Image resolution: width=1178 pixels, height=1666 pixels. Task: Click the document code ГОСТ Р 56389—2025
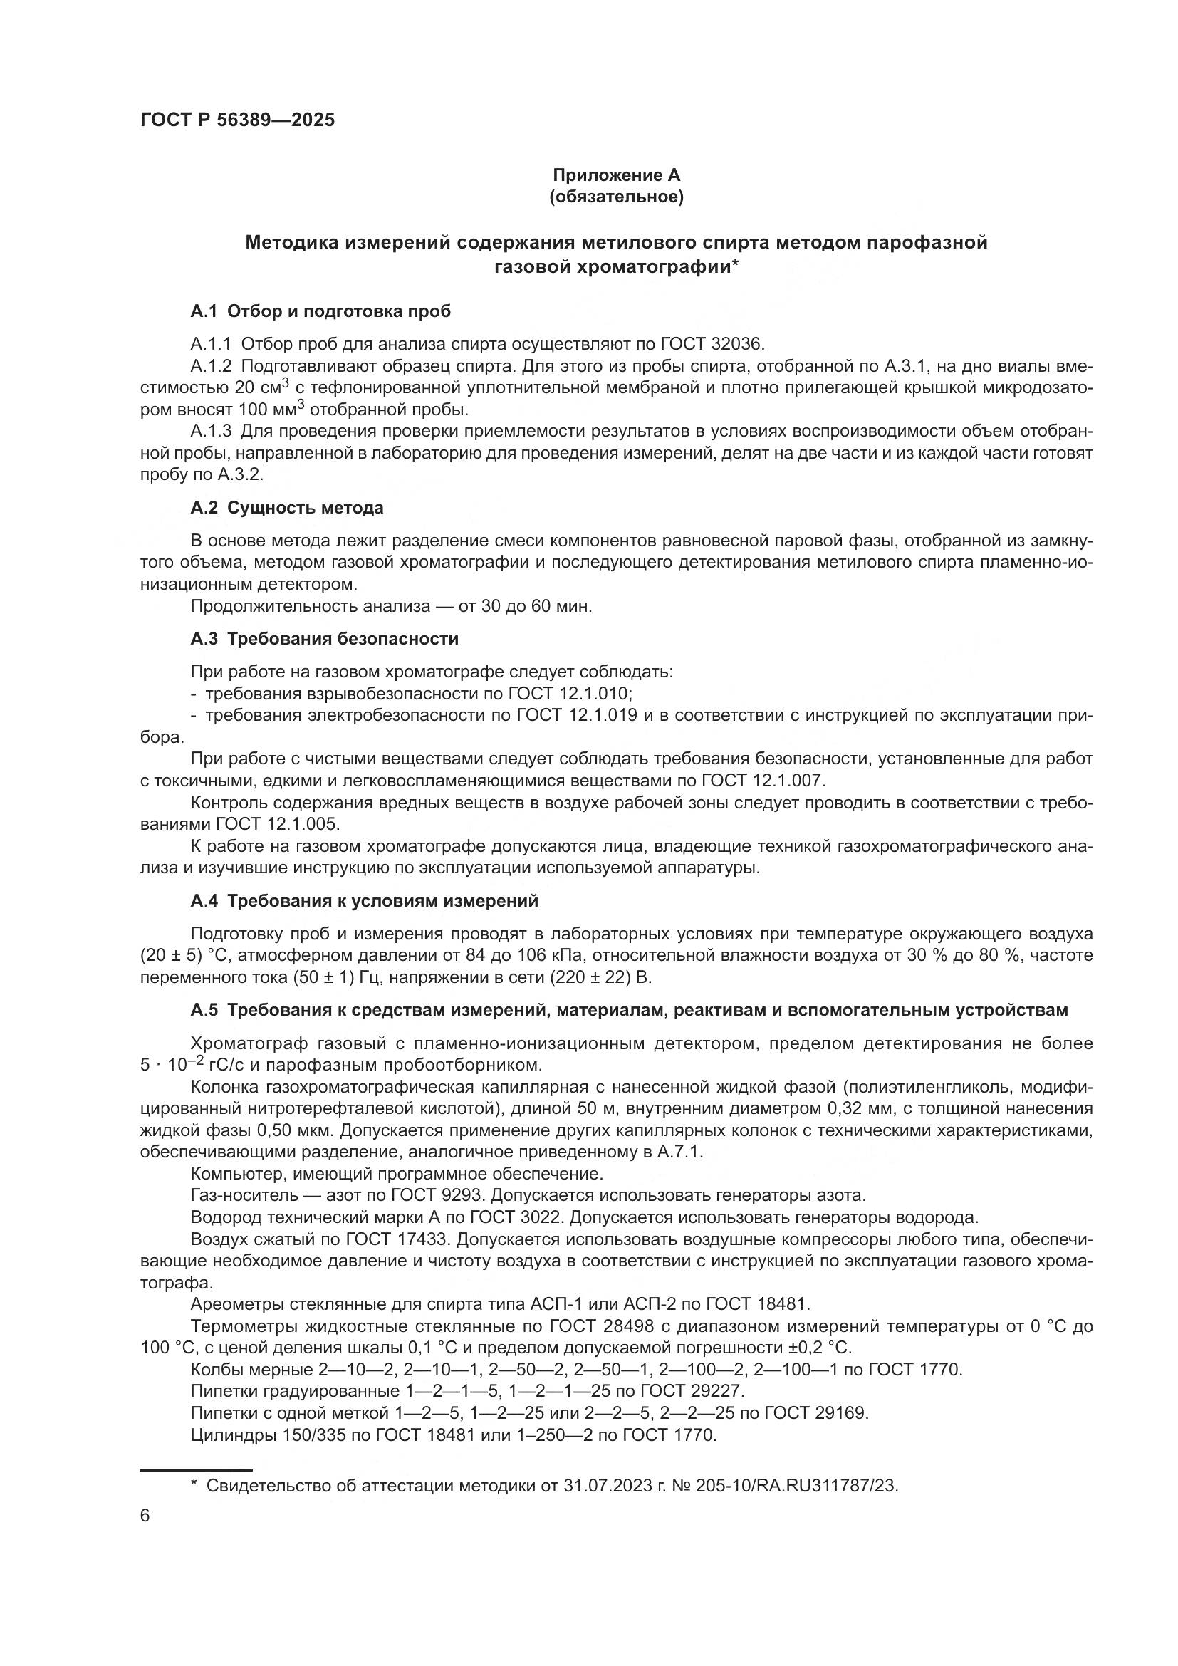(x=237, y=120)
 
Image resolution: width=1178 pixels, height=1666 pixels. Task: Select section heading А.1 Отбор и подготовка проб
(x=320, y=311)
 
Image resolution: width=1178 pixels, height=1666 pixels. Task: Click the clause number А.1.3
(x=211, y=431)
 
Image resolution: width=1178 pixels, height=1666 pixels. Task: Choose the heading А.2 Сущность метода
(x=286, y=508)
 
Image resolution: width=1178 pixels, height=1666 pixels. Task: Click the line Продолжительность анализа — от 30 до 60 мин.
(x=391, y=606)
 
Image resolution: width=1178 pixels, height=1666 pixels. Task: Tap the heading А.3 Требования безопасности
(x=324, y=638)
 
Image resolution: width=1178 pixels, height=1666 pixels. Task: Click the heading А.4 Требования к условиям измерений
(x=364, y=900)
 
